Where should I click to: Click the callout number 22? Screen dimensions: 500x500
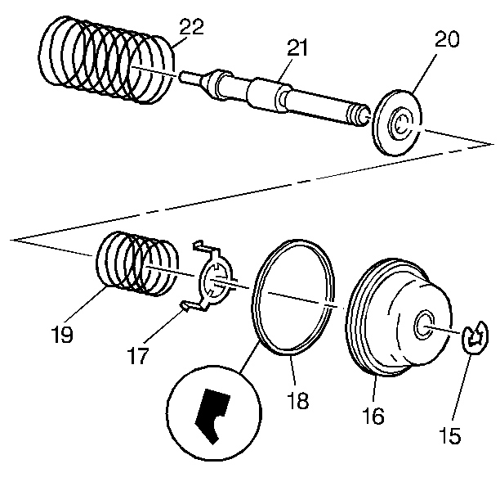(x=192, y=27)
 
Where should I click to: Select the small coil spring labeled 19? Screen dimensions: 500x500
(x=135, y=263)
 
